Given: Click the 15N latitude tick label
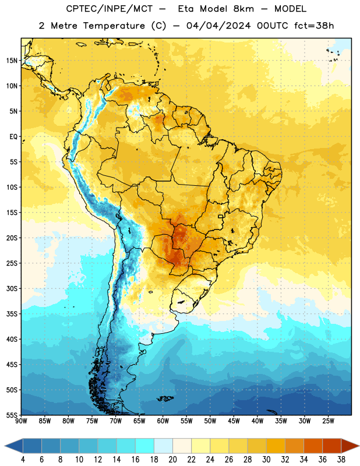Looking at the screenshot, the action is pyautogui.click(x=12, y=61).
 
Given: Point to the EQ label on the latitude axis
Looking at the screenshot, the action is pyautogui.click(x=13, y=137).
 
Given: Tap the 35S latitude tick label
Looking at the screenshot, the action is pyautogui.click(x=12, y=314).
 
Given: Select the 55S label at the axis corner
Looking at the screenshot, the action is pyautogui.click(x=12, y=415).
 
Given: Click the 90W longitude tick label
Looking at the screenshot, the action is pyautogui.click(x=21, y=421).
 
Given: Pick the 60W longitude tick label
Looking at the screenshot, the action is pyautogui.click(x=163, y=421).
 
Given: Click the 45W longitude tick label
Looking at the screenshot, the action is pyautogui.click(x=234, y=421).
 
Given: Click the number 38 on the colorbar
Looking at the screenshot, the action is pyautogui.click(x=341, y=460).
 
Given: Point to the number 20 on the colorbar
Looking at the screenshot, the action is pyautogui.click(x=172, y=460).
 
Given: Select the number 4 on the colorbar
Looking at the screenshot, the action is pyautogui.click(x=23, y=460).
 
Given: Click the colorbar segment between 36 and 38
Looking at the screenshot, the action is pyautogui.click(x=332, y=446).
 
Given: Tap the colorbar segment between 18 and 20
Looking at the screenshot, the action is pyautogui.click(x=163, y=446).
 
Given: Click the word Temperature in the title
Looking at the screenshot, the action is pyautogui.click(x=114, y=26).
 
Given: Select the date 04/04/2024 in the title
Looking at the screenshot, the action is pyautogui.click(x=218, y=26).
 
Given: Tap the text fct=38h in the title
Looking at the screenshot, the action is pyautogui.click(x=314, y=26).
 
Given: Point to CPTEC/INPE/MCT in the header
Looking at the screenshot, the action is pyautogui.click(x=109, y=9).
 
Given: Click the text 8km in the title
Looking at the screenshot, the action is pyautogui.click(x=243, y=9).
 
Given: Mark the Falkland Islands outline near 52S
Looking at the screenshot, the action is pyautogui.click(x=165, y=398).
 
